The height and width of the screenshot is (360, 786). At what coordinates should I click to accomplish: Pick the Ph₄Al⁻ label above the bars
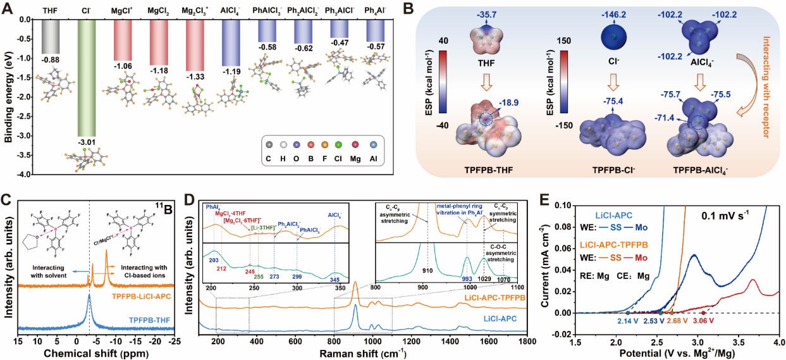377,11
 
